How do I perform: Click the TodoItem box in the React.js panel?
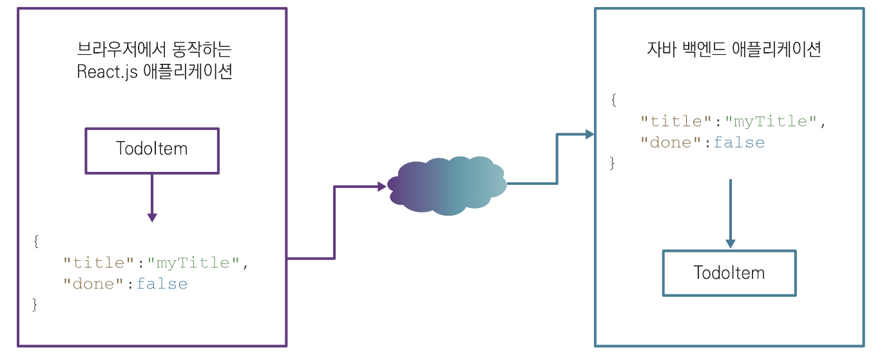[152, 150]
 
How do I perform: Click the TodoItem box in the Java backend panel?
[729, 273]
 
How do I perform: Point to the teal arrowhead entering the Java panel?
[589, 135]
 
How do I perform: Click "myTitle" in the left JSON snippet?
[193, 263]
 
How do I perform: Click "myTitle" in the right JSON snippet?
[771, 121]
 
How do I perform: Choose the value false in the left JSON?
[162, 284]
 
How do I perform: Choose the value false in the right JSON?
[739, 142]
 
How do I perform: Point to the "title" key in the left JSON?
[100, 263]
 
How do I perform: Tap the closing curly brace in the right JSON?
[613, 164]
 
